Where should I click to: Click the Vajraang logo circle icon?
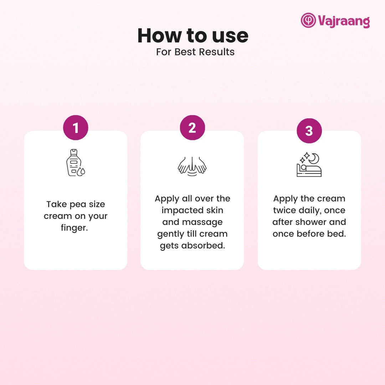(x=308, y=20)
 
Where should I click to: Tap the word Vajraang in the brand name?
(x=344, y=21)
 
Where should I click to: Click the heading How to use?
(x=193, y=36)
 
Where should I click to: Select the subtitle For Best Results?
(x=195, y=52)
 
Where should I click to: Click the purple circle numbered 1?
(x=76, y=127)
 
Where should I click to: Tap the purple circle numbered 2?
(x=192, y=127)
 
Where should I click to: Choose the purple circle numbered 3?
(x=309, y=130)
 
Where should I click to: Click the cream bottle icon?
(x=74, y=163)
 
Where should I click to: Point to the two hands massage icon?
(x=192, y=166)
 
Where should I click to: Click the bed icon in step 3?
(x=309, y=170)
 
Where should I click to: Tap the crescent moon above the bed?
(x=314, y=158)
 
